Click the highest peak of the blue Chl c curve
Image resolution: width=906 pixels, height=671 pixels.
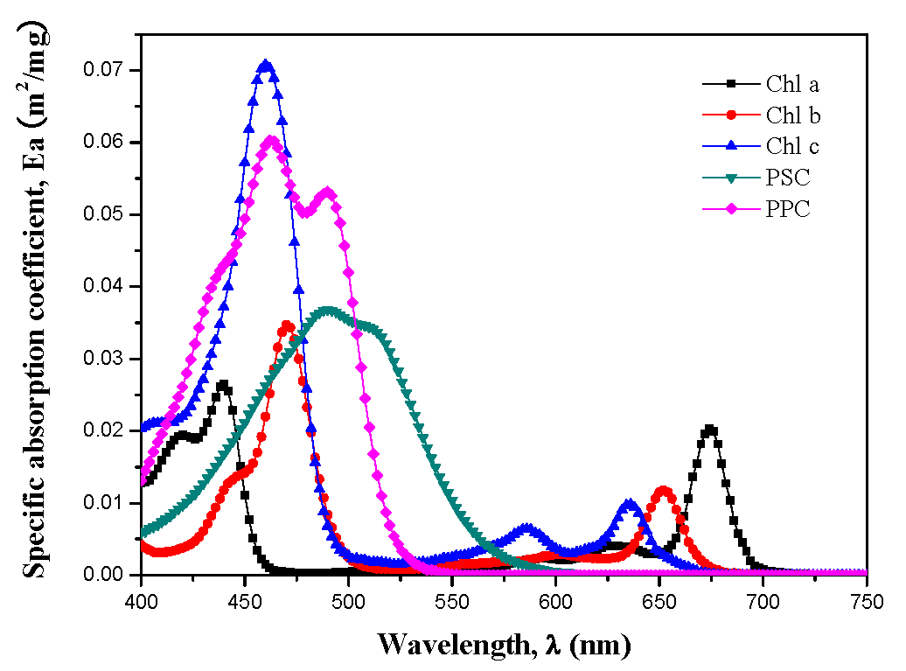click(266, 65)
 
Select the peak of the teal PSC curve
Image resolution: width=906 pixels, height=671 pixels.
click(328, 310)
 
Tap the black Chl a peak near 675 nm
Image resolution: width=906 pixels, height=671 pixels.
click(710, 429)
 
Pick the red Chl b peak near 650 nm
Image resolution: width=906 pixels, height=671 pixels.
click(664, 491)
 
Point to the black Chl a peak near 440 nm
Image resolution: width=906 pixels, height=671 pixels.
click(223, 384)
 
